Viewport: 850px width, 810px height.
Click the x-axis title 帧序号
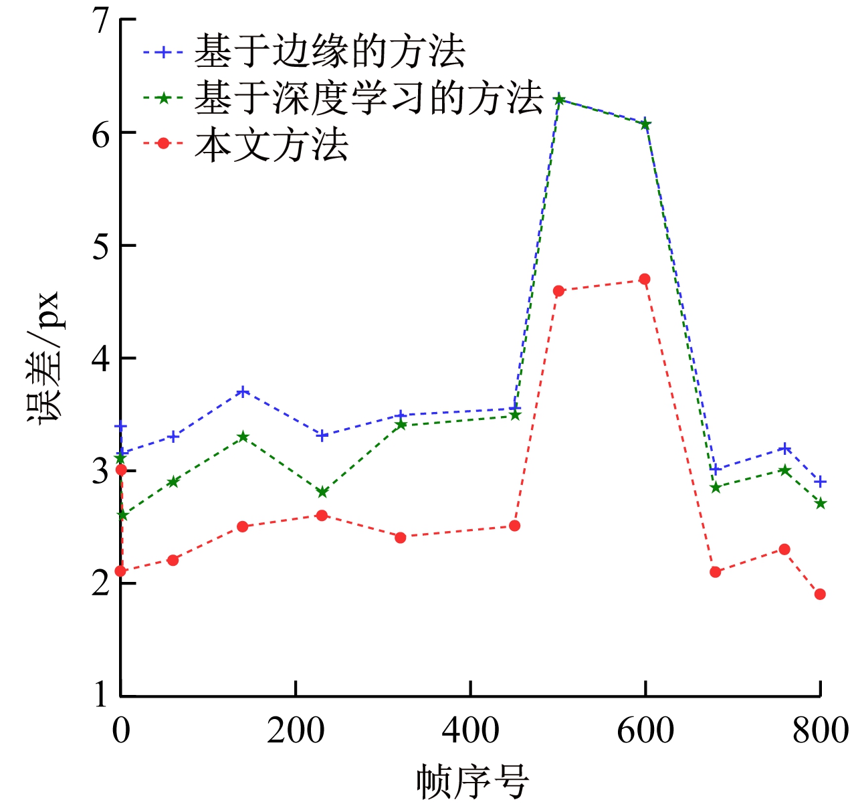pyautogui.click(x=472, y=781)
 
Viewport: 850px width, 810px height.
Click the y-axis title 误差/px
pyautogui.click(x=44, y=357)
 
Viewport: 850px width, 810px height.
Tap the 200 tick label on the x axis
pyautogui.click(x=296, y=730)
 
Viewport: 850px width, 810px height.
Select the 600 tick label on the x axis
pyautogui.click(x=645, y=730)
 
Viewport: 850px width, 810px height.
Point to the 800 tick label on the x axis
pyautogui.click(x=820, y=730)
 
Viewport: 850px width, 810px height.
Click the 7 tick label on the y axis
pyautogui.click(x=100, y=21)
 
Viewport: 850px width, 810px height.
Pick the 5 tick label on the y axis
pyautogui.click(x=100, y=247)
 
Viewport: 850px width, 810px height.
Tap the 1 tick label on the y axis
pyautogui.click(x=100, y=695)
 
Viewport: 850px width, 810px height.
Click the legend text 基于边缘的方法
pyautogui.click(x=330, y=52)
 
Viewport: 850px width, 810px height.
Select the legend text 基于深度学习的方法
pyautogui.click(x=368, y=98)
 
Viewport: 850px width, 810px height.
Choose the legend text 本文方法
pyautogui.click(x=272, y=144)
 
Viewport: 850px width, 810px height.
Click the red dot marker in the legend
pyautogui.click(x=163, y=143)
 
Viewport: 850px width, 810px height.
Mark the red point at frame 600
pyautogui.click(x=645, y=279)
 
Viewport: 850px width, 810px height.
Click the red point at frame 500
pyautogui.click(x=558, y=291)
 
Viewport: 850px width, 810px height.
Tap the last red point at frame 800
pyautogui.click(x=820, y=594)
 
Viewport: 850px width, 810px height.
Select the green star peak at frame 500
pyautogui.click(x=559, y=100)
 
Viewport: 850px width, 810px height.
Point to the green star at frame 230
pyautogui.click(x=322, y=492)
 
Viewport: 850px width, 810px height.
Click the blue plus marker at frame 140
pyautogui.click(x=243, y=391)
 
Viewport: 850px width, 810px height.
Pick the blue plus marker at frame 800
pyautogui.click(x=821, y=482)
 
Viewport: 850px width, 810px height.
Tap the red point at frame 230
pyautogui.click(x=322, y=515)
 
